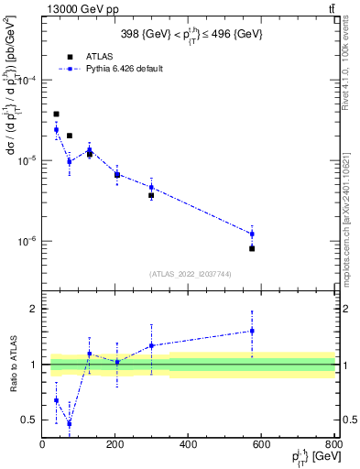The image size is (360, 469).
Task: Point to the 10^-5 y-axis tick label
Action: click(27, 160)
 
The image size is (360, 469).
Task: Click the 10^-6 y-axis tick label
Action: click(27, 241)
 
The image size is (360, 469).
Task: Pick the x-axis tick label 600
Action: click(262, 446)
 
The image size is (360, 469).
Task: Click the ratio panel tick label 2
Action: click(33, 309)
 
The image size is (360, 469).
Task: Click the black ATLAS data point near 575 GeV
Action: click(252, 248)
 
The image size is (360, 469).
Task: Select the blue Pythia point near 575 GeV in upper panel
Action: click(252, 234)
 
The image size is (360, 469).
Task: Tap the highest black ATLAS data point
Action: click(56, 115)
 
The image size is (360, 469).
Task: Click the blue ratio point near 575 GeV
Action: click(252, 331)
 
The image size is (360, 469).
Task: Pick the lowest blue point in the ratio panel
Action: click(70, 423)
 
